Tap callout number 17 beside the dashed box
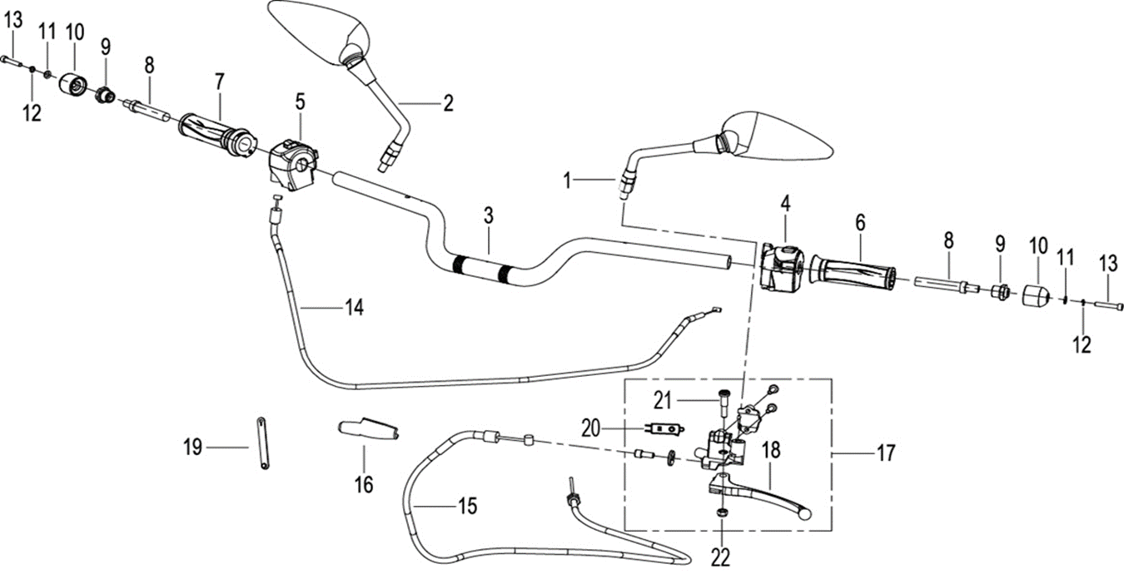coord(885,453)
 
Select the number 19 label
coord(192,448)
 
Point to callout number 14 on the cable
coord(354,308)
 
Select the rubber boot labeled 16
coord(367,430)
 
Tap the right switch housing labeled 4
coord(780,265)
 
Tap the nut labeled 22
coord(722,512)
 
